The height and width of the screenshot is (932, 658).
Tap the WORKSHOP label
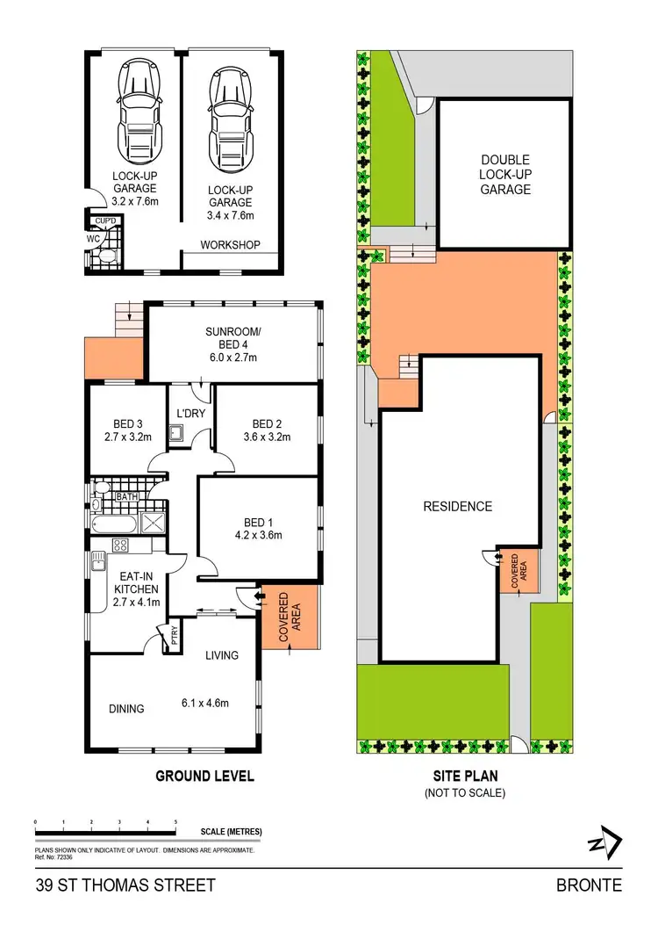231,244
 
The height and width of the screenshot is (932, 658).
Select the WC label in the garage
93,237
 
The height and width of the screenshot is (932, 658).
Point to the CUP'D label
106,220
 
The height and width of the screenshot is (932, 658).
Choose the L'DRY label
190,413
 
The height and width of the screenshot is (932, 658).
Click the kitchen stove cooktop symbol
118,545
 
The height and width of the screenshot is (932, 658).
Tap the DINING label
126,709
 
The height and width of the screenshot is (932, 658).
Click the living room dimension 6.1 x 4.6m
204,703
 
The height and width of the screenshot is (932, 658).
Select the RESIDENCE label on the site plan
457,506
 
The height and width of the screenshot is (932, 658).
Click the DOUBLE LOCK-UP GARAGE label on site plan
505,174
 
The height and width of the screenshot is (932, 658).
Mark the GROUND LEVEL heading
204,776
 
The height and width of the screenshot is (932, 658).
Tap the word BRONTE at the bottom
589,885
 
